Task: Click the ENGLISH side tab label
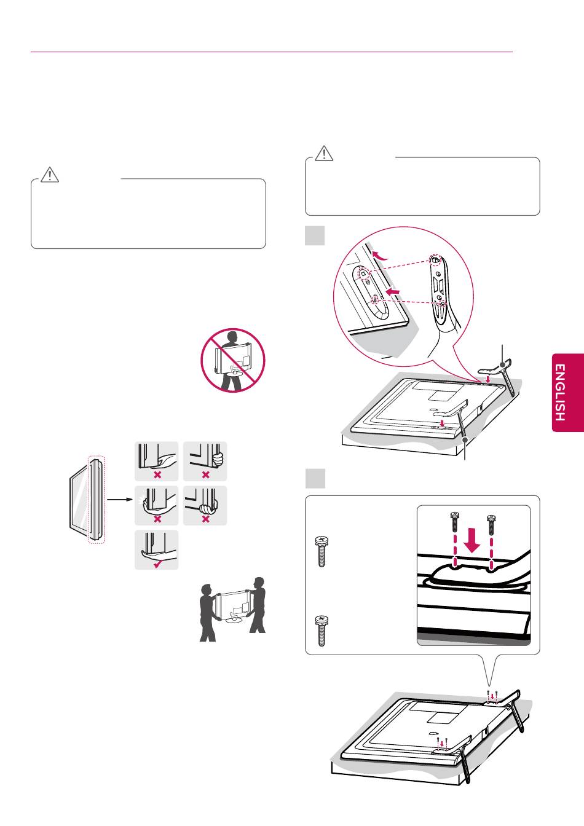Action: point(559,393)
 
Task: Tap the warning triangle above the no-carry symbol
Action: point(49,176)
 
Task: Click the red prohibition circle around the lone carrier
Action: point(233,361)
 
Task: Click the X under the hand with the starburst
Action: point(157,519)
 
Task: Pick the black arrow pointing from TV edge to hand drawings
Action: point(120,499)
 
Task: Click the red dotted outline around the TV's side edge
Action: point(97,499)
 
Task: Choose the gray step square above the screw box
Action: point(315,479)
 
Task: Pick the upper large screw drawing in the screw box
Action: point(321,551)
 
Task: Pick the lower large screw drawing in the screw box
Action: point(321,630)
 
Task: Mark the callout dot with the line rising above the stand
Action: point(503,366)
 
